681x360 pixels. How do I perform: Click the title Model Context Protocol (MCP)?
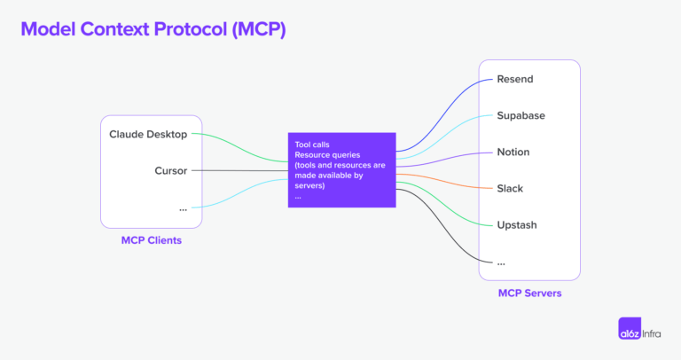(153, 28)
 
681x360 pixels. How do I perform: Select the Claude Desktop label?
(148, 134)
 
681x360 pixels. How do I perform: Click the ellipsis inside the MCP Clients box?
(183, 207)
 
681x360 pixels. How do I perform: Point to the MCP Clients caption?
(151, 240)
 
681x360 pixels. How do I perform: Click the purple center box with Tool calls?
(341, 170)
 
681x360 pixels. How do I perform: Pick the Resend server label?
(515, 79)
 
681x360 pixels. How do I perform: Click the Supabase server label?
(521, 115)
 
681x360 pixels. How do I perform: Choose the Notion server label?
(513, 152)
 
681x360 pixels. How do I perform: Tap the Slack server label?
(510, 188)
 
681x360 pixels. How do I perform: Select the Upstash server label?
(517, 224)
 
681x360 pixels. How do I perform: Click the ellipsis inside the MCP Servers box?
(502, 262)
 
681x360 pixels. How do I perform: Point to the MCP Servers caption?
(528, 293)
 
